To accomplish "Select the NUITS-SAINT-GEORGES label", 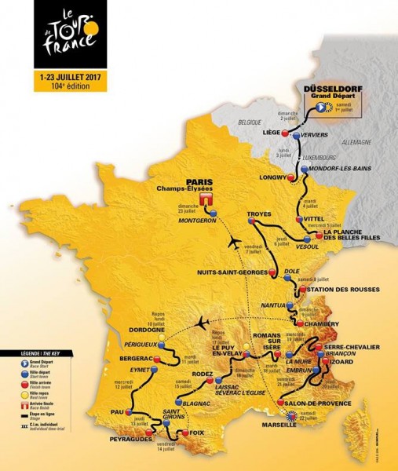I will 232,273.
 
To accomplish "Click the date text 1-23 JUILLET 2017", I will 66,78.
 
